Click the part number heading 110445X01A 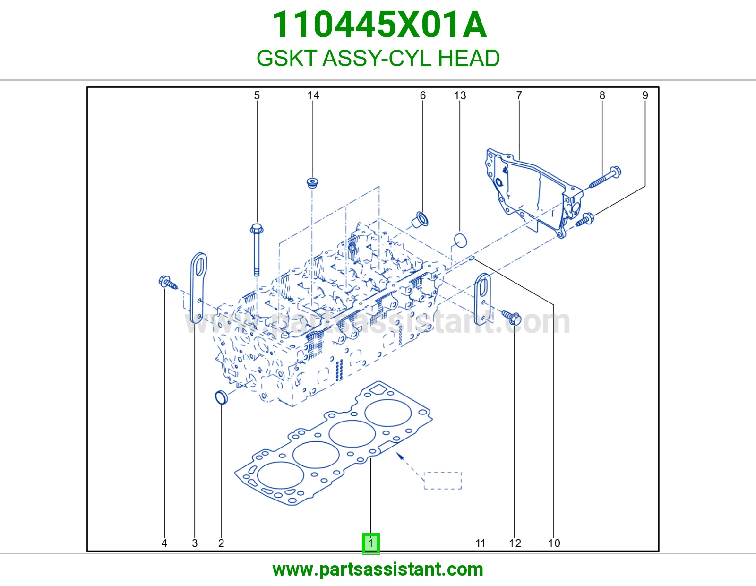[379, 25]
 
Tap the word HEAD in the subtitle [468, 58]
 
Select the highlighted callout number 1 [370, 543]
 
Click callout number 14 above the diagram [313, 95]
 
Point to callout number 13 [460, 95]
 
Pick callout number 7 [519, 95]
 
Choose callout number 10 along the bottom [554, 543]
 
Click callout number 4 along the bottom [164, 543]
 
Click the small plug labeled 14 [313, 183]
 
